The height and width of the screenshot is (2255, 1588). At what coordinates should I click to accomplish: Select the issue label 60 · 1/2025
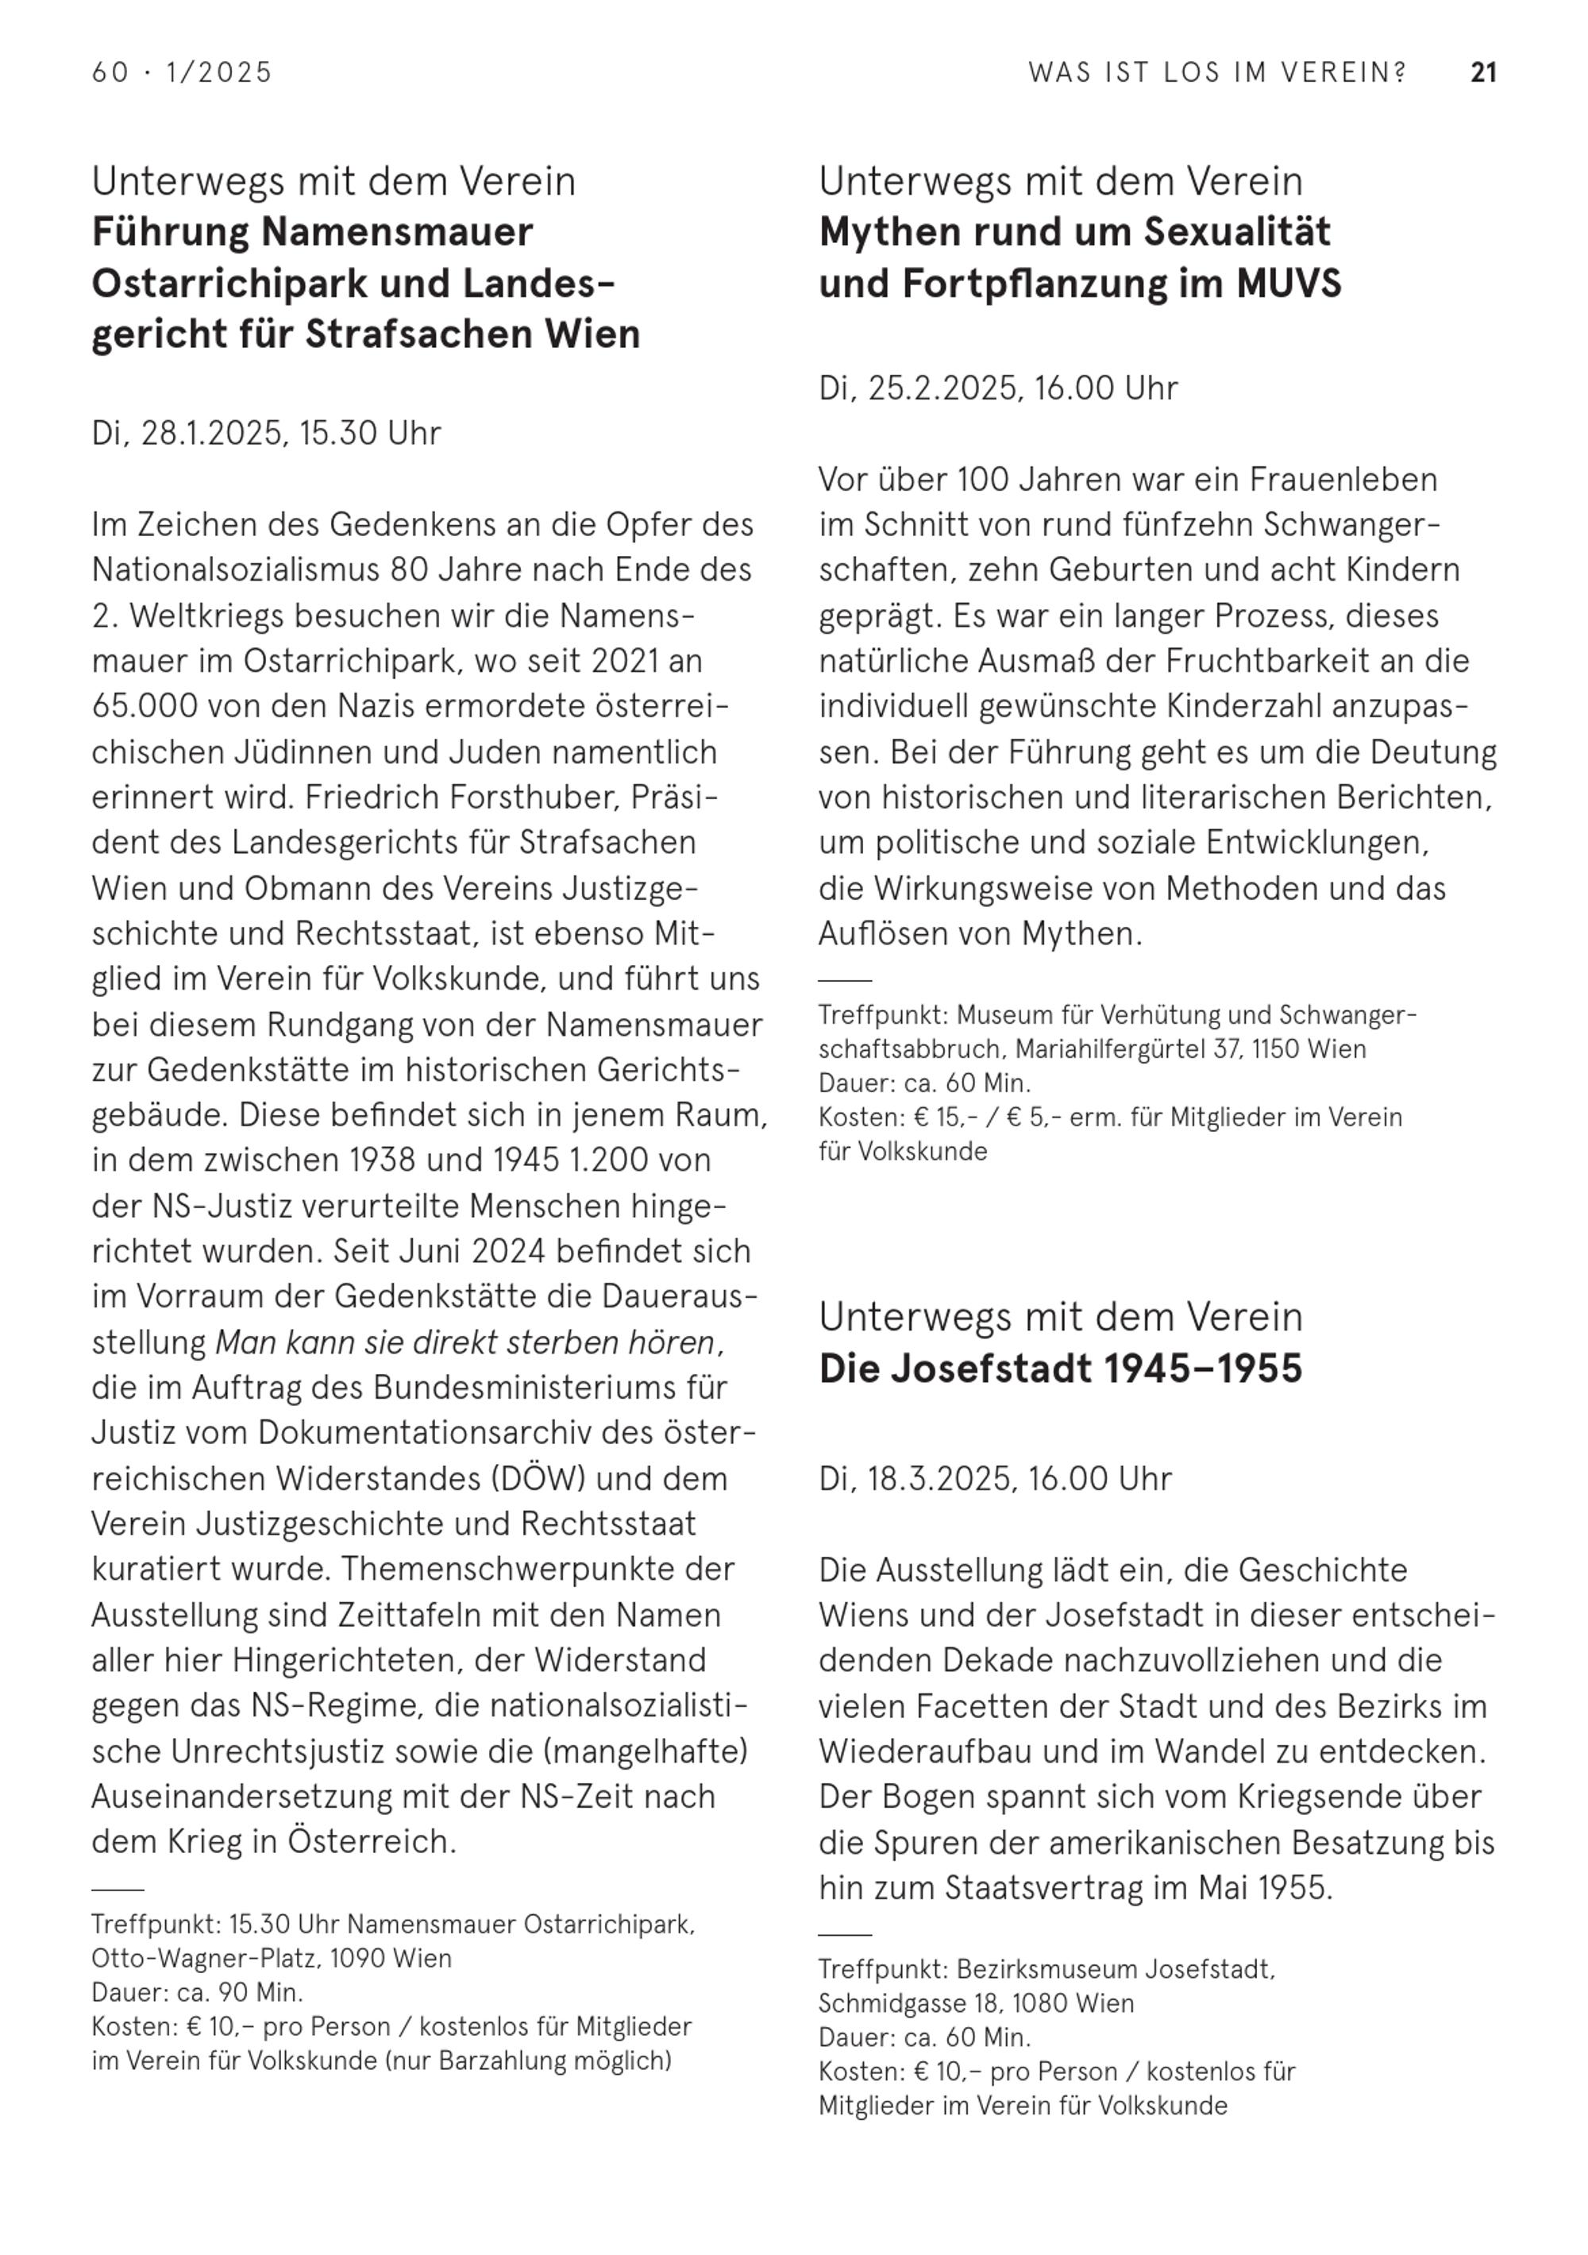tap(182, 73)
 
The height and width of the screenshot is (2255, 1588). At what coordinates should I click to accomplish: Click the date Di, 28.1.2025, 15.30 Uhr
tap(266, 433)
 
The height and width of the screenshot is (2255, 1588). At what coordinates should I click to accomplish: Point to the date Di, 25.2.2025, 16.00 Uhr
tap(998, 388)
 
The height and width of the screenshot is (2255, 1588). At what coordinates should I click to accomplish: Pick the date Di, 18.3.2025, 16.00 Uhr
tap(995, 1478)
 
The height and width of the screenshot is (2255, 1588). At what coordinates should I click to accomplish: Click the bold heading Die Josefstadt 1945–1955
tap(1060, 1368)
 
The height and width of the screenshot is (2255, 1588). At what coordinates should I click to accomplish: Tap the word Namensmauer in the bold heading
tap(397, 233)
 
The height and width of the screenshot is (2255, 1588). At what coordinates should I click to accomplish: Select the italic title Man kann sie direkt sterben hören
tap(465, 1342)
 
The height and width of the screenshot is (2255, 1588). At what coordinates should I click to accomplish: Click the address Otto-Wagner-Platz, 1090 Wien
tap(271, 1957)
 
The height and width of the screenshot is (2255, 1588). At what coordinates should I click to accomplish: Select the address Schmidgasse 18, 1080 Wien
tap(975, 2002)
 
